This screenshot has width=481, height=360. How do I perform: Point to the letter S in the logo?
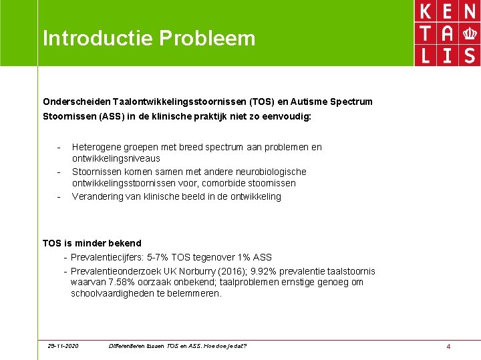pyautogui.click(x=470, y=54)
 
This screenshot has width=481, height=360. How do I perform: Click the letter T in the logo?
pyautogui.click(x=424, y=33)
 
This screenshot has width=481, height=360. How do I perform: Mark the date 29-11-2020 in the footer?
pyautogui.click(x=63, y=346)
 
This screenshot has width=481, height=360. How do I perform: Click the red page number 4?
pyautogui.click(x=448, y=346)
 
